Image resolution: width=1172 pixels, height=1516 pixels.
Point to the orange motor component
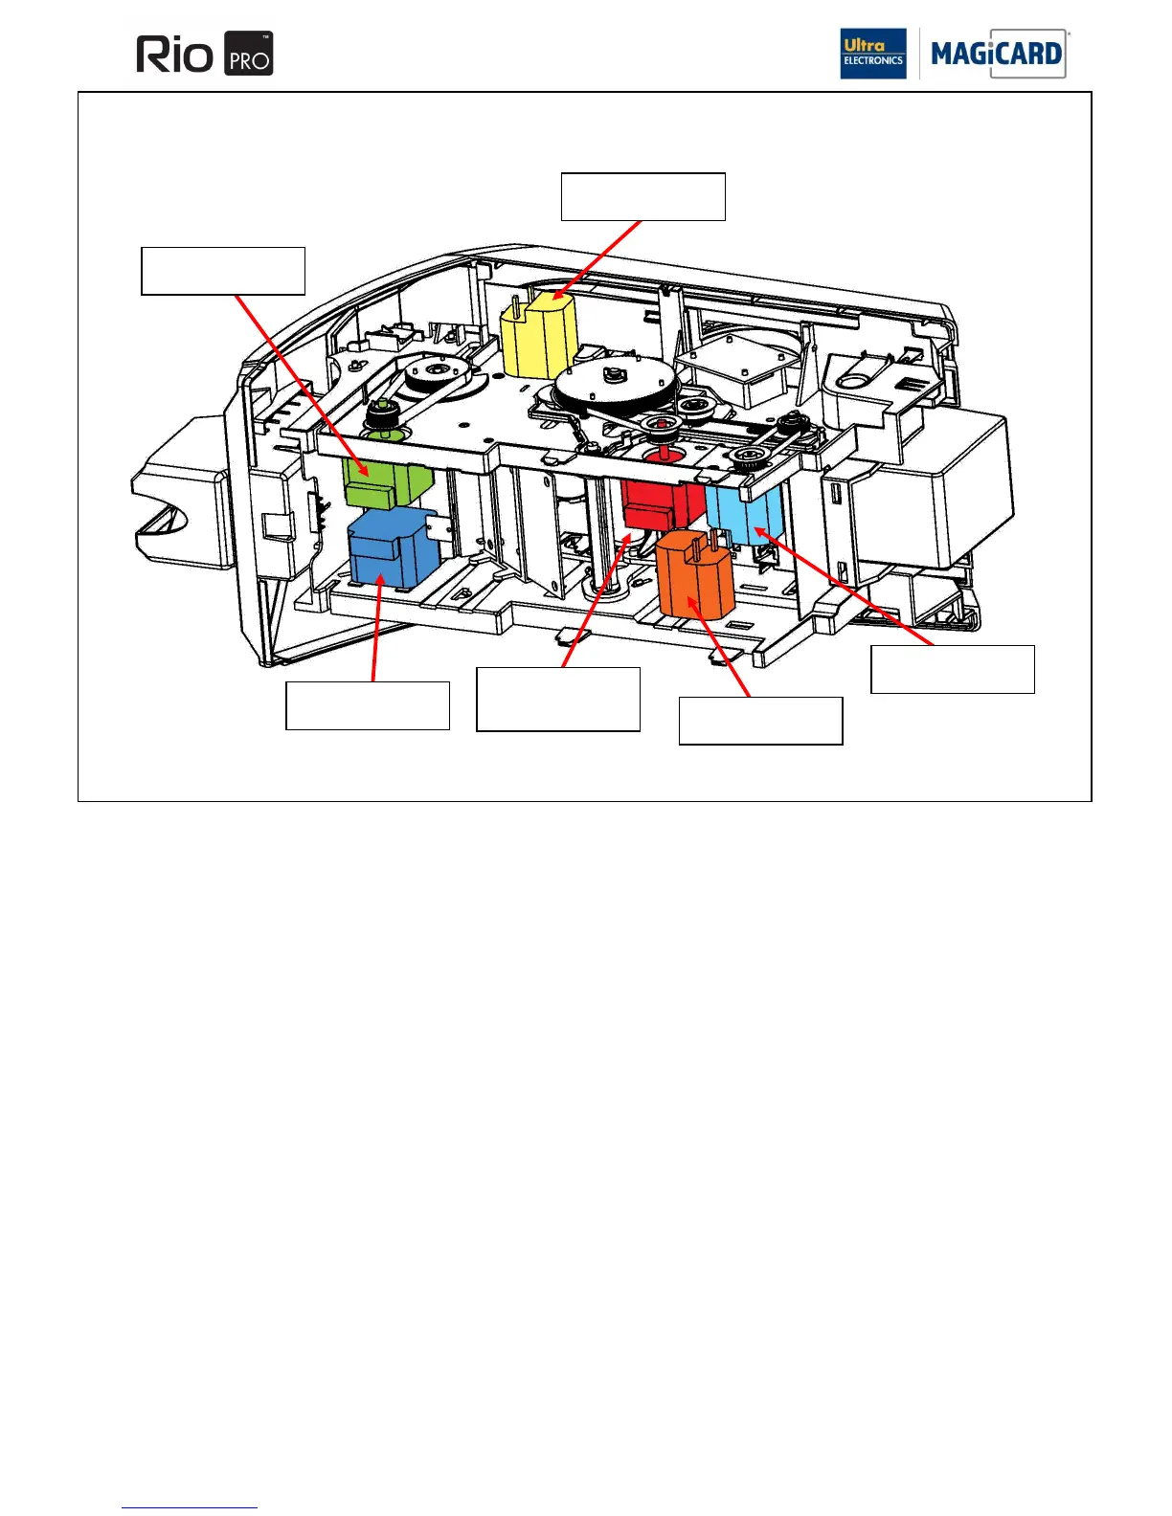coord(694,576)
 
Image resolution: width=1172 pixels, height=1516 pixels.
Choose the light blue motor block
coord(745,515)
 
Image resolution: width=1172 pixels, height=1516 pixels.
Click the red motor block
coord(660,502)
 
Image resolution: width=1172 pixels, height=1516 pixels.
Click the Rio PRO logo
coord(205,54)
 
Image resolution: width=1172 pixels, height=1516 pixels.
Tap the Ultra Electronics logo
coord(872,54)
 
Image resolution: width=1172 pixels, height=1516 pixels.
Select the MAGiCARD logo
coord(996,54)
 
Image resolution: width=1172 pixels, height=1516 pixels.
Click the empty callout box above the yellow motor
coord(642,197)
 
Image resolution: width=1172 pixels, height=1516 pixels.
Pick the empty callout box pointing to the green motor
coord(223,271)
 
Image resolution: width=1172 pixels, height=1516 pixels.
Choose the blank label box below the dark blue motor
coord(368,706)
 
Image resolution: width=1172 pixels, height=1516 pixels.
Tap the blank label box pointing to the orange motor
coord(761,721)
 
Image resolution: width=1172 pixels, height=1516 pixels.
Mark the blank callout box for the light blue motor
coord(953,669)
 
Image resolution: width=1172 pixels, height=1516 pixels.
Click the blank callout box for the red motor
coord(558,700)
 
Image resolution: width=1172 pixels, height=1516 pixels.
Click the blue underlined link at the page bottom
coord(190,1507)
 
